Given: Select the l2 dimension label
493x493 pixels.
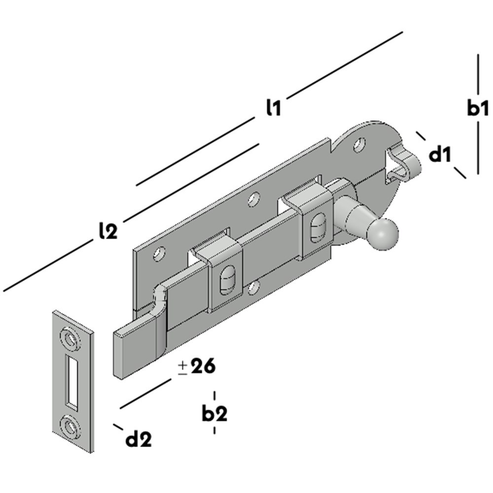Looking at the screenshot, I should click(108, 231).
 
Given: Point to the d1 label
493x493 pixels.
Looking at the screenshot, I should click(440, 155).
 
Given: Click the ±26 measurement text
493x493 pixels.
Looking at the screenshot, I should click(197, 367).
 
